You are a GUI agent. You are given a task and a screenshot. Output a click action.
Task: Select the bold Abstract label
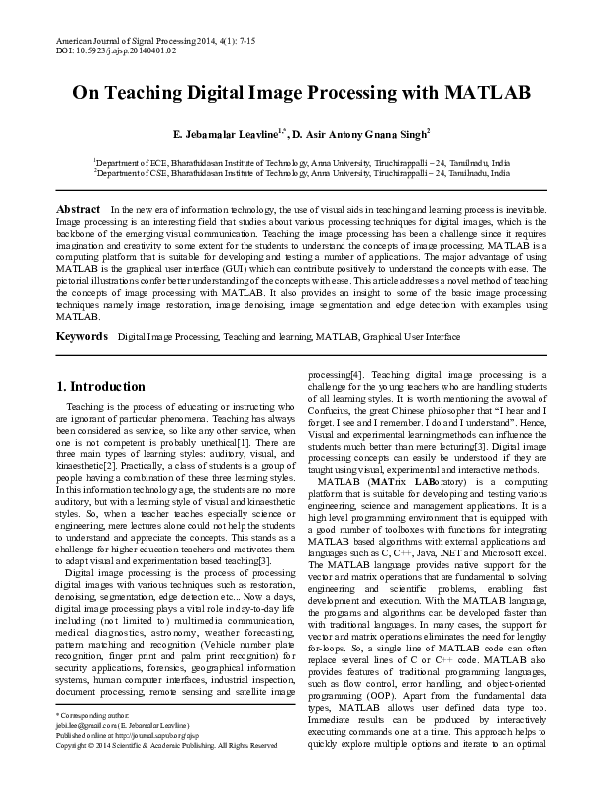tap(78, 210)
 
